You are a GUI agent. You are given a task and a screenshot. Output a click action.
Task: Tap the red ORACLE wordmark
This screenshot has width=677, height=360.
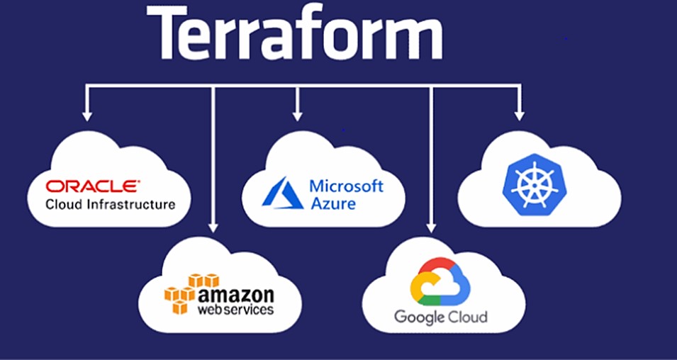click(x=92, y=186)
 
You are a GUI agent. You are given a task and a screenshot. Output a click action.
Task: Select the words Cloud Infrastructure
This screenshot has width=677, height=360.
click(x=110, y=205)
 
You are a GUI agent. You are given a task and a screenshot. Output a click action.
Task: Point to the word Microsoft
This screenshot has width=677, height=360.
click(x=346, y=186)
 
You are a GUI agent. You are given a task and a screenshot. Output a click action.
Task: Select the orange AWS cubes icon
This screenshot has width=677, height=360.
click(x=180, y=293)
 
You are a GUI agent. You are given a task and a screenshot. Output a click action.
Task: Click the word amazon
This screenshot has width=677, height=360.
click(x=236, y=293)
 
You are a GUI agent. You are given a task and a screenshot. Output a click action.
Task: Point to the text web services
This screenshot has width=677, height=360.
click(x=235, y=310)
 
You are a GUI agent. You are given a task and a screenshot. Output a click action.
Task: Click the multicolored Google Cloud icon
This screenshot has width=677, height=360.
click(x=440, y=281)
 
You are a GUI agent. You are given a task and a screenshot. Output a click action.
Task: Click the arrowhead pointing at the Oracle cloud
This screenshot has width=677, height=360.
click(x=87, y=114)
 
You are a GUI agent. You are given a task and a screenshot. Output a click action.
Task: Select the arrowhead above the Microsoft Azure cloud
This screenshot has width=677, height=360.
click(x=297, y=114)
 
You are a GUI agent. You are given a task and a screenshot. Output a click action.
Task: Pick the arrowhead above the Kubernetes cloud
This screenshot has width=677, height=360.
click(x=519, y=114)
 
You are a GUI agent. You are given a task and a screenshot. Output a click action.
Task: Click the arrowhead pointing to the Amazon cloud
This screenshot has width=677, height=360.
click(x=212, y=227)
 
